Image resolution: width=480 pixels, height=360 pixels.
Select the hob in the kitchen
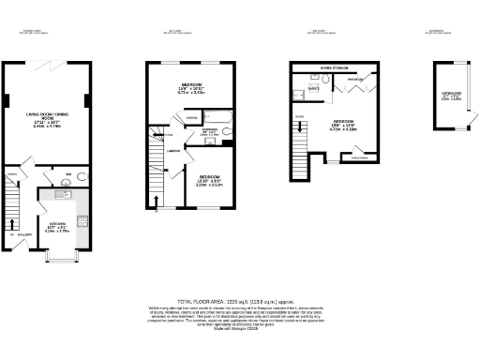82,222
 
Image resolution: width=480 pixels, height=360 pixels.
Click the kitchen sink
63,194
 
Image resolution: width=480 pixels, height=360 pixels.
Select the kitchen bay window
60,256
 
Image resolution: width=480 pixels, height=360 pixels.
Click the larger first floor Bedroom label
193,91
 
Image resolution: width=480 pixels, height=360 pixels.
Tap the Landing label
174,151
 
